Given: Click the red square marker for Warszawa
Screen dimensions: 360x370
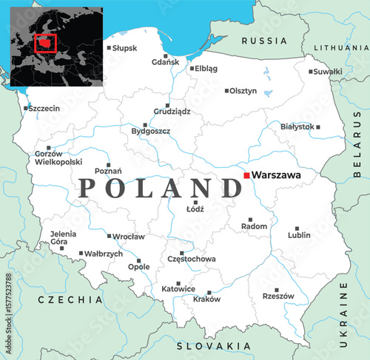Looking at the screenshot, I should coord(246,175).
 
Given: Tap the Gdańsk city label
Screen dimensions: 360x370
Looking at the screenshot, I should coord(165,62).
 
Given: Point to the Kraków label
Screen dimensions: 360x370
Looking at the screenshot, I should coord(206,299).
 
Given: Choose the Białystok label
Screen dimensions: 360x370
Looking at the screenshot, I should coord(297,126).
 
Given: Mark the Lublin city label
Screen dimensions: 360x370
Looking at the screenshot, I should coord(299,235).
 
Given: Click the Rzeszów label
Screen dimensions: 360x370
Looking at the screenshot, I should coord(278,296).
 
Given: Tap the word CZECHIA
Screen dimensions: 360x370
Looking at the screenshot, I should coord(70,300).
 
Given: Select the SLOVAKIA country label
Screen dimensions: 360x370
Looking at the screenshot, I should coord(214,346).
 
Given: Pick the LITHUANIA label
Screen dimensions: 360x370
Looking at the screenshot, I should coord(340,47).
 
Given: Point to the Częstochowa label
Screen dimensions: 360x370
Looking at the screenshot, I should coord(192,259).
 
